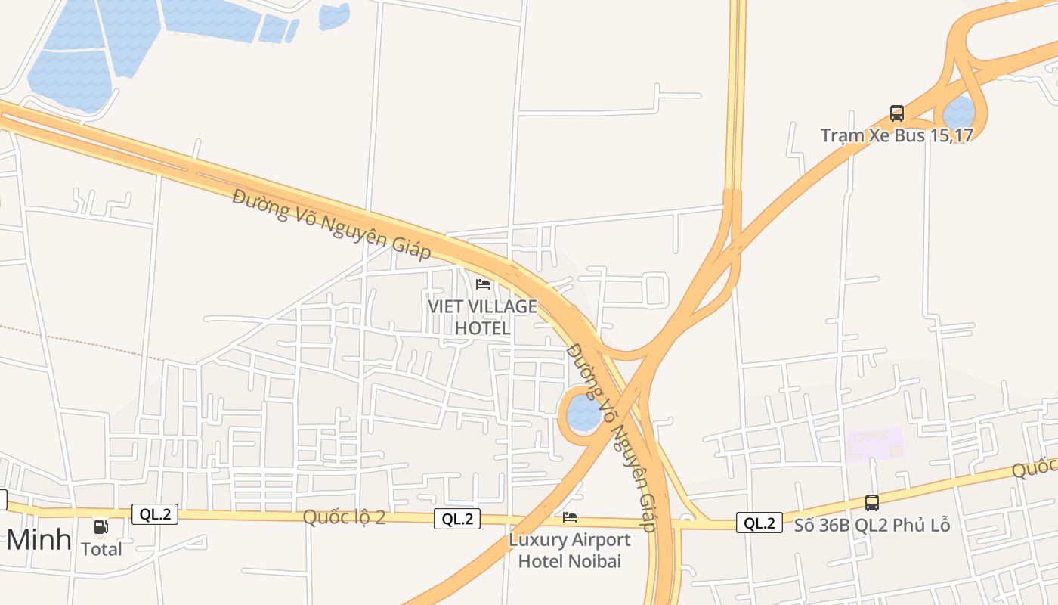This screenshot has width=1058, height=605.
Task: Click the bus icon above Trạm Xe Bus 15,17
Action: point(897,113)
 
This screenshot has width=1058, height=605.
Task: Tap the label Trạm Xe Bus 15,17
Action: point(897,135)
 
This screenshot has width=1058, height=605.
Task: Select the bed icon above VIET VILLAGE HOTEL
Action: point(483,284)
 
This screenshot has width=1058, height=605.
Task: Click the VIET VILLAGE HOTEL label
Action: point(482,318)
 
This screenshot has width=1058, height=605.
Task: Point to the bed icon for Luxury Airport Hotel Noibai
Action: point(570,517)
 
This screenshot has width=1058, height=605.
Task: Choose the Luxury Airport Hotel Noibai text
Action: point(570,551)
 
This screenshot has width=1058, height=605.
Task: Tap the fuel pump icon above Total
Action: point(101,526)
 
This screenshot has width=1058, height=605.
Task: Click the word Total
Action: point(101,549)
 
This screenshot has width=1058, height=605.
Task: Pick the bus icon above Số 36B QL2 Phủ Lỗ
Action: point(872,502)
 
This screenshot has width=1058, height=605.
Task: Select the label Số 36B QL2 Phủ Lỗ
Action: point(871,525)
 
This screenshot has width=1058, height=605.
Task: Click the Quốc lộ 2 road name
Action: point(344,517)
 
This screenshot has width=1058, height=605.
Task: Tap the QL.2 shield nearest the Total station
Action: point(155,514)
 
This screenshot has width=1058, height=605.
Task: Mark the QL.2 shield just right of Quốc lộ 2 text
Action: point(457,519)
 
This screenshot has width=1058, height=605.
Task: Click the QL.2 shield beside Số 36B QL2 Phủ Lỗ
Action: point(759,523)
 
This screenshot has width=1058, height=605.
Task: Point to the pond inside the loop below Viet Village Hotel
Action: point(583,413)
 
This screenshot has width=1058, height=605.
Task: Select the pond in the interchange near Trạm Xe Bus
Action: point(960,113)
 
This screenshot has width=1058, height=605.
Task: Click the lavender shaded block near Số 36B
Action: point(875,445)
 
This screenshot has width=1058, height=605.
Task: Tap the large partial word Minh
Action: point(39,540)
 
